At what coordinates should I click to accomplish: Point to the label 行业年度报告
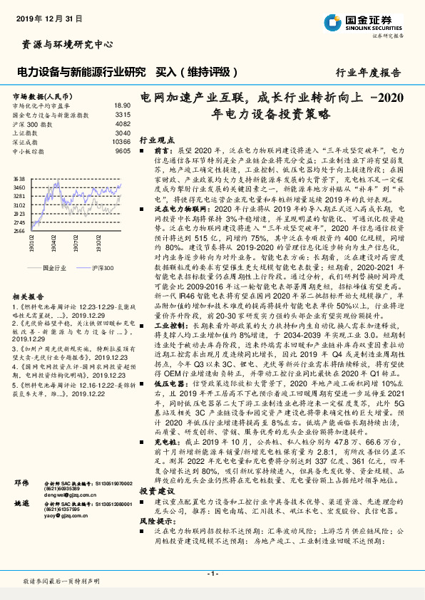pos(368,73)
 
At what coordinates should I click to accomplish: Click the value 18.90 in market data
pos(122,105)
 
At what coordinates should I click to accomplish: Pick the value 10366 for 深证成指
pos(121,142)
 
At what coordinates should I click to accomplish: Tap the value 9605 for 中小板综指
pos(122,151)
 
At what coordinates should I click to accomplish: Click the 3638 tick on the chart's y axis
pos(19,180)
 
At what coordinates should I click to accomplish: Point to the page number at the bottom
pos(212,573)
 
